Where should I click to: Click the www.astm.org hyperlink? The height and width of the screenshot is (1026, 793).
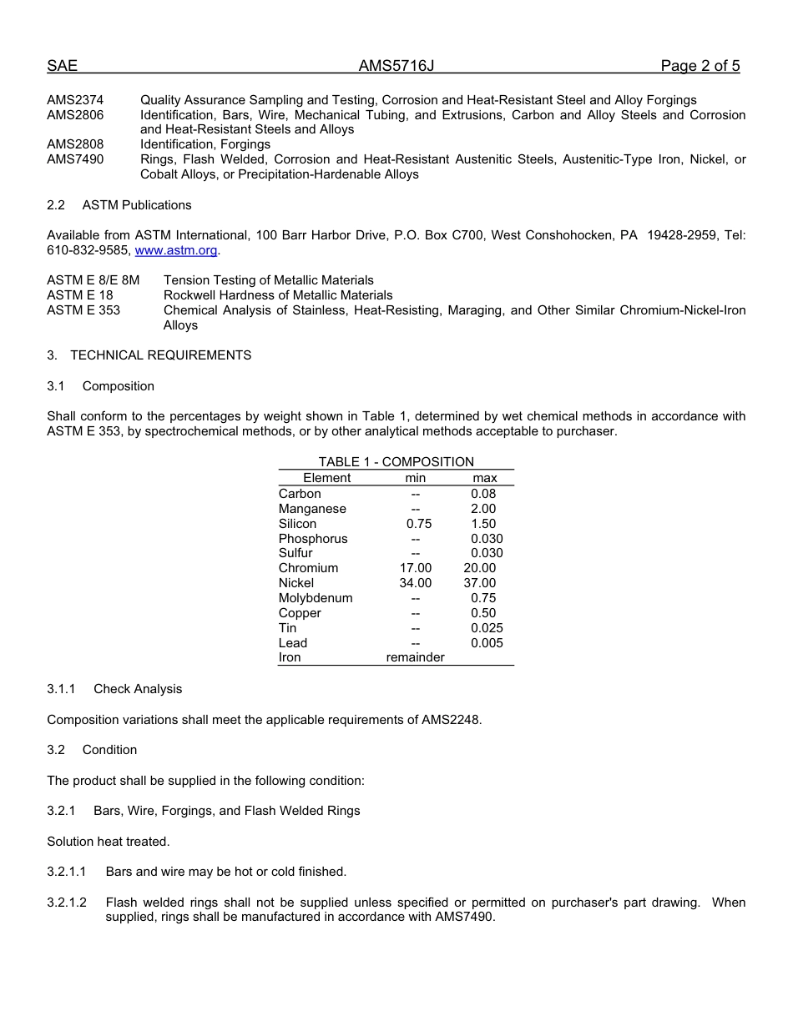pos(175,250)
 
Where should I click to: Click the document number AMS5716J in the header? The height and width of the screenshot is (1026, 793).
pos(396,66)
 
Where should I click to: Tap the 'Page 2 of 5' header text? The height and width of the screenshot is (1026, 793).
pos(700,66)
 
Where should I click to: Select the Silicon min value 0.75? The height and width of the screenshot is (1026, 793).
pos(415,524)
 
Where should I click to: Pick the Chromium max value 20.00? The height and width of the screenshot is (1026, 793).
pos(479,568)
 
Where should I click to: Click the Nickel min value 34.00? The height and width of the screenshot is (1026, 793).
pos(415,583)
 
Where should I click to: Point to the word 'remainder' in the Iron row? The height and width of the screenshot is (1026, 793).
pos(415,657)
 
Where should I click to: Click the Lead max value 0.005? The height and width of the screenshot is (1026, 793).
pos(487,643)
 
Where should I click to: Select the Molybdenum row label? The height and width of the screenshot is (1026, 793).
pos(315,598)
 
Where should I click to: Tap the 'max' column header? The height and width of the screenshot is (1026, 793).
pos(484,478)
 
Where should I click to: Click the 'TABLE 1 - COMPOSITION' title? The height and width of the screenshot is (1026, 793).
pos(396,462)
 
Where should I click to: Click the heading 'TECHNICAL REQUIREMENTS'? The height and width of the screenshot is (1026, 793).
pos(160,355)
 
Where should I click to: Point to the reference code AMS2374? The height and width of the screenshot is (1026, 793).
pos(75,100)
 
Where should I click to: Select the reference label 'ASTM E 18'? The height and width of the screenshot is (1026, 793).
pos(80,295)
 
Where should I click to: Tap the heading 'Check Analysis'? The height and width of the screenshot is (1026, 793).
pos(138,689)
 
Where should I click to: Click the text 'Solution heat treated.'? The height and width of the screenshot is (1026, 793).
pos(109,842)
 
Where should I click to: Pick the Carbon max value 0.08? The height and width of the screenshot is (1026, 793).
pos(483,494)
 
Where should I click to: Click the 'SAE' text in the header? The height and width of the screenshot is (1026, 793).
pos(62,66)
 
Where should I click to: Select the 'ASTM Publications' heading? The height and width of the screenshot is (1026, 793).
pos(137,205)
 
